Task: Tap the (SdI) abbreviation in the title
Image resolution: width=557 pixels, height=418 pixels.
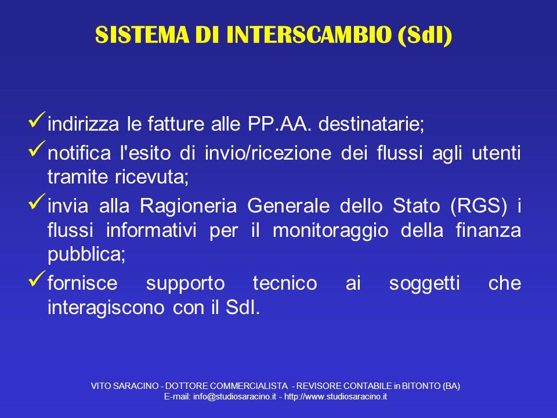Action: coord(425,35)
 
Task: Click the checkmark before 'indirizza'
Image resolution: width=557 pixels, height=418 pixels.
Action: coord(37,120)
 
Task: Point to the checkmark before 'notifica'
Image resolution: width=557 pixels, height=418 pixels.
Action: coord(37,149)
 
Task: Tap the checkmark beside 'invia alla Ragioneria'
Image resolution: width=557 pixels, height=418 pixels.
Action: coord(37,201)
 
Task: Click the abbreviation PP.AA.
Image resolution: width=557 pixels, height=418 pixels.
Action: coord(279,124)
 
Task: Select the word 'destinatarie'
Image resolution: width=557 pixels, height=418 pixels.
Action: coord(371,124)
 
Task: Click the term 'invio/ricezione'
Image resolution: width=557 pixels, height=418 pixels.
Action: coord(268,153)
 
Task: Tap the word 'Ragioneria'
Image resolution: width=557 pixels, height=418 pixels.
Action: coord(188,206)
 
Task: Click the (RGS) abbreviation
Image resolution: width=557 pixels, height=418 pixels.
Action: coord(479,206)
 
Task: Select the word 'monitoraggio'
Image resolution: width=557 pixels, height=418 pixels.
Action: coord(330,230)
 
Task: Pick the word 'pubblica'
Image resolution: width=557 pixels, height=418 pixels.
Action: coord(86,255)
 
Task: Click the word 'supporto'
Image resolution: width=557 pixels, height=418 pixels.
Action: coord(186,284)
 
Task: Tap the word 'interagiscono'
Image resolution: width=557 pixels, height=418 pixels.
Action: coord(106,308)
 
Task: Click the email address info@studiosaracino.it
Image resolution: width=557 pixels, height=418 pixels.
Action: coord(234,397)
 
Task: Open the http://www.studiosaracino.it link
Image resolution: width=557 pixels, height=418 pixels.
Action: coord(335,397)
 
